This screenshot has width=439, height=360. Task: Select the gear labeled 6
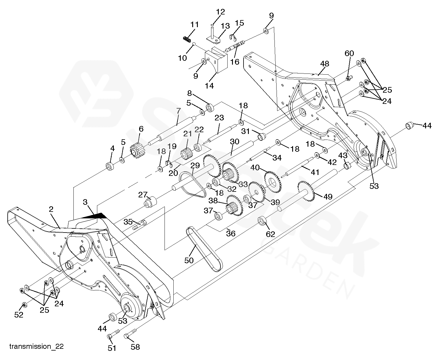(137, 150)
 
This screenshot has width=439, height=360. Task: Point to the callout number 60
(349, 53)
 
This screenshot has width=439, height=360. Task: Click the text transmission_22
(37, 346)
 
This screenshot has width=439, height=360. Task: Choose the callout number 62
(270, 234)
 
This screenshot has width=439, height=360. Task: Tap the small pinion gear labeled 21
(186, 154)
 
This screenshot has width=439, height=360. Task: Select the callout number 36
(231, 233)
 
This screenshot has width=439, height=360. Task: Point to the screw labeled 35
(139, 225)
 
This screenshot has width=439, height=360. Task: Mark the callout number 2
(51, 210)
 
